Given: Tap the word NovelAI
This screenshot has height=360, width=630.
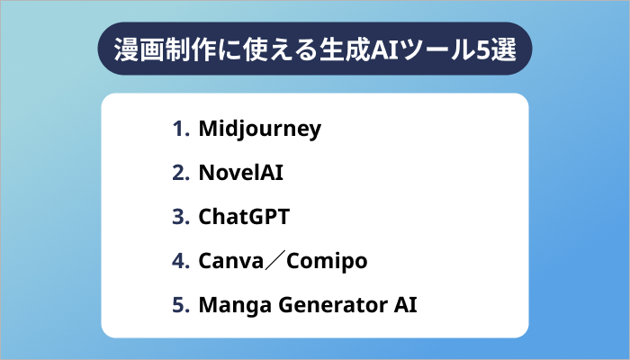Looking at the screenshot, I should [x=241, y=173].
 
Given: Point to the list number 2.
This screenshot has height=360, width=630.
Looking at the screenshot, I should [x=178, y=173].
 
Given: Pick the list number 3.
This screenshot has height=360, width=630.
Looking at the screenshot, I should [x=178, y=217].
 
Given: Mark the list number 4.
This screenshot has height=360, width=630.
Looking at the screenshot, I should [x=178, y=261].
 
